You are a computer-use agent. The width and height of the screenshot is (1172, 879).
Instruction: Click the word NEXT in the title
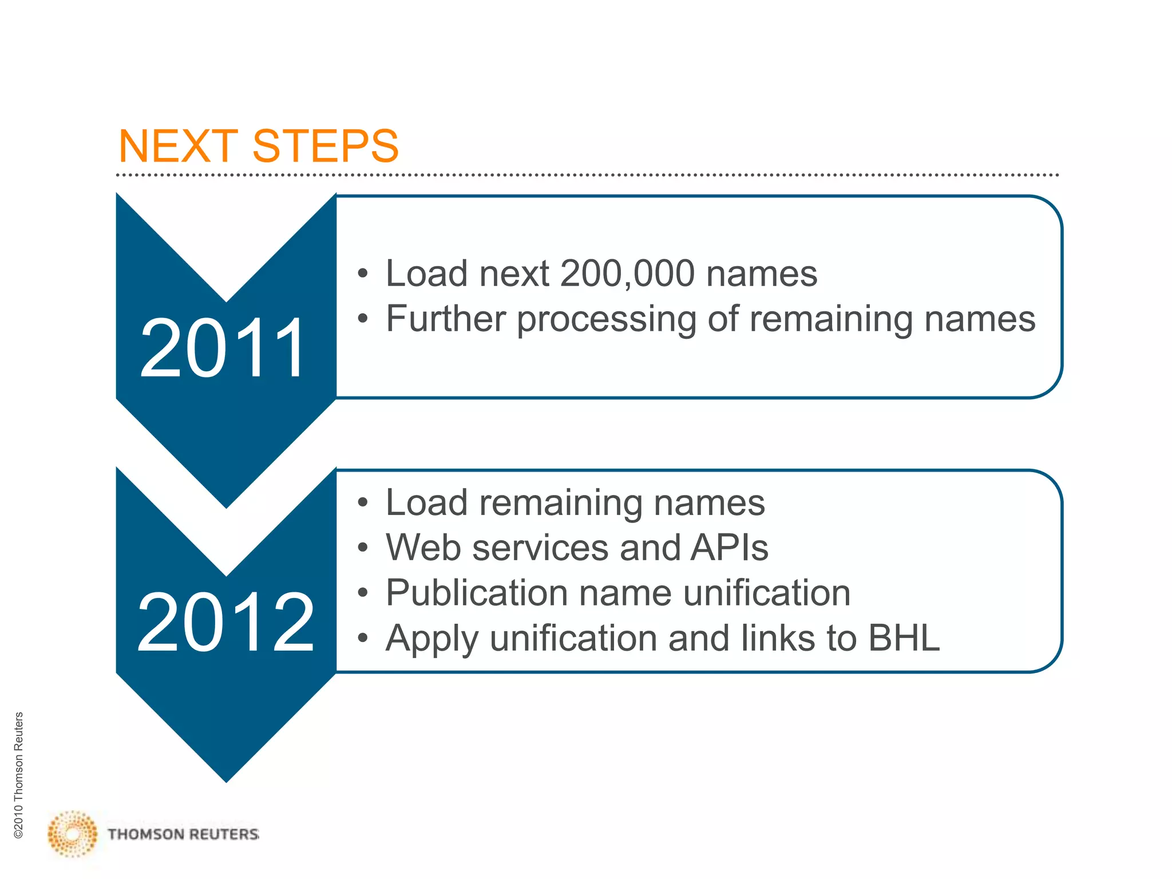click(x=178, y=146)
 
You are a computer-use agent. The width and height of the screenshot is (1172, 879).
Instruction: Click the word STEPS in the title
click(x=325, y=146)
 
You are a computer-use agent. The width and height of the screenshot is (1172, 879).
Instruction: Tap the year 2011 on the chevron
click(x=223, y=349)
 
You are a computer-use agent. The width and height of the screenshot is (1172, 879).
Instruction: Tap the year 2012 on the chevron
click(x=225, y=623)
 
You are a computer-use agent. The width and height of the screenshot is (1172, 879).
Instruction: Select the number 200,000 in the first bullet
click(x=627, y=274)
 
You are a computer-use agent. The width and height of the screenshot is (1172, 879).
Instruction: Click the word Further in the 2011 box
click(x=446, y=319)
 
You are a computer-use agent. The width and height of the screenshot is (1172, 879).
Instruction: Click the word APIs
click(x=729, y=548)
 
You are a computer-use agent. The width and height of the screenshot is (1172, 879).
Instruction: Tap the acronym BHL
click(x=904, y=638)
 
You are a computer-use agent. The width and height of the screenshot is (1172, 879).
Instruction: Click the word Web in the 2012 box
click(x=423, y=548)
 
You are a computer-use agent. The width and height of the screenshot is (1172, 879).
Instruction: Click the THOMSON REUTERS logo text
click(x=183, y=834)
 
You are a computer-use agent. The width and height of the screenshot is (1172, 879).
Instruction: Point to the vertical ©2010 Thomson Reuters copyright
click(x=19, y=775)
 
